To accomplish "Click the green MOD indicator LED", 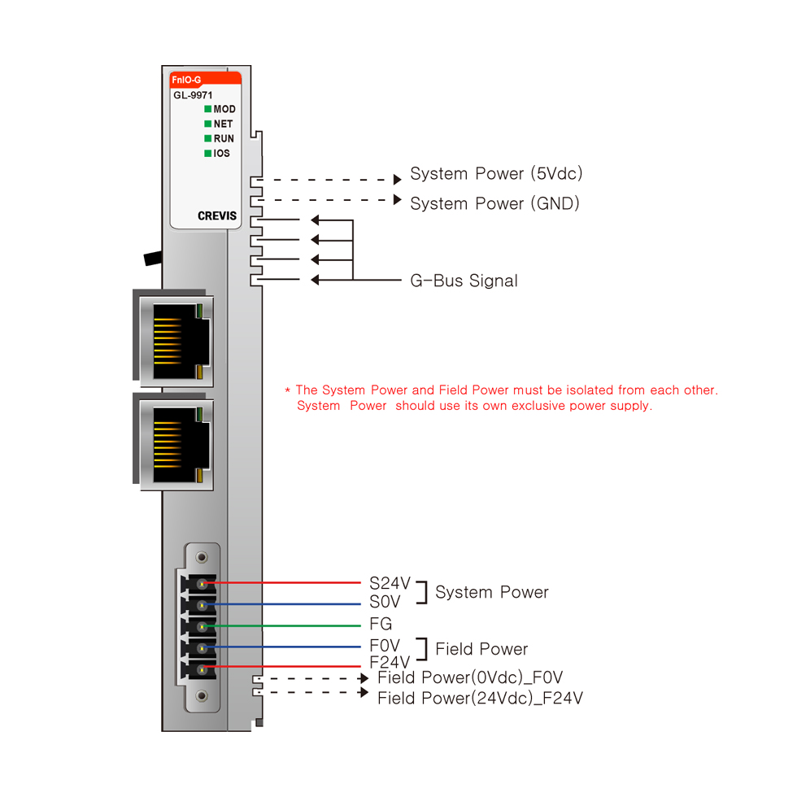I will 208,109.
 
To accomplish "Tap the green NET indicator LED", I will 208,124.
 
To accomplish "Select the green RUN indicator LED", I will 208,138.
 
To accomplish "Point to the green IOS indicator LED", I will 208,153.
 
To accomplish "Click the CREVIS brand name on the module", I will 216,216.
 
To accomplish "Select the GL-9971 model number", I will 193,95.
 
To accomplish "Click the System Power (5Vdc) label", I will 496,174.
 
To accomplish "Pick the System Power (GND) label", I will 494,203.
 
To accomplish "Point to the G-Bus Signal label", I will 464,281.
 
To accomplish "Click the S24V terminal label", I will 390,583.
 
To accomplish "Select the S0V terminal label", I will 385,603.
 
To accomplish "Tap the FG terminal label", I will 381,625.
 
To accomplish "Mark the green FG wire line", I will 285,625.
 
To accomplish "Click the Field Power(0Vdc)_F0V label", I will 470,678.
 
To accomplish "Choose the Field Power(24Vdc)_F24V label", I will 480,699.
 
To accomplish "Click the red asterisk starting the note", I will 287,391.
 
